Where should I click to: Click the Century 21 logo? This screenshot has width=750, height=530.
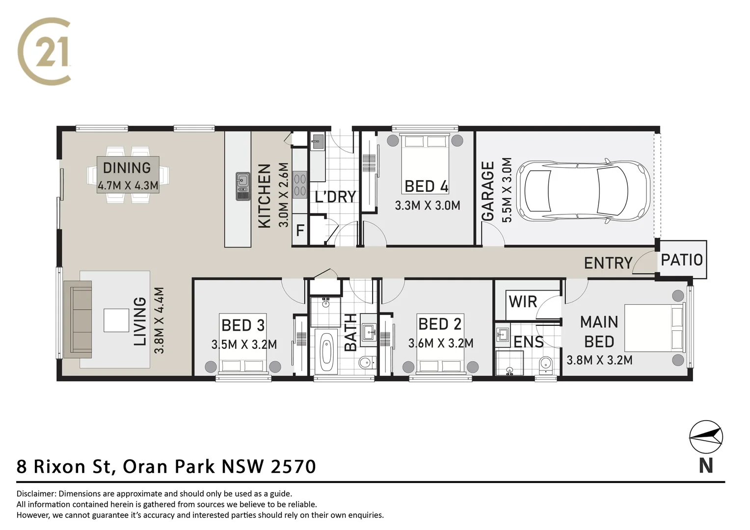[x=45, y=51]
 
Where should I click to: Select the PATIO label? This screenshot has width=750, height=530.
[x=682, y=260]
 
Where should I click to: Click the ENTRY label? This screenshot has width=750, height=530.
[x=608, y=263]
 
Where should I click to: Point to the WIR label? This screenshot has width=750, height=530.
[x=523, y=301]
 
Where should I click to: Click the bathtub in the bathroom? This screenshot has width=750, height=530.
[x=326, y=353]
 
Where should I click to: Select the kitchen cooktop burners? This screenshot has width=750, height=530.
[x=300, y=185]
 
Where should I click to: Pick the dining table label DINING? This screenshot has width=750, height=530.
[x=127, y=168]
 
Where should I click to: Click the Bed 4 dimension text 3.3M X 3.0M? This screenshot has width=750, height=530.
[x=428, y=206]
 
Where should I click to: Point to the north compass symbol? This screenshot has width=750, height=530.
[x=706, y=437]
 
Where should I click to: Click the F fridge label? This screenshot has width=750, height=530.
[x=300, y=230]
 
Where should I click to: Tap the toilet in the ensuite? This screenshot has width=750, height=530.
[x=545, y=364]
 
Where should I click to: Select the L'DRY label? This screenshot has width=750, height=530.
[x=335, y=197]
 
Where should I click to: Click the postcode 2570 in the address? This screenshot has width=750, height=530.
[x=294, y=466]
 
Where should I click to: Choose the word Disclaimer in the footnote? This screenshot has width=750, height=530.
[x=37, y=494]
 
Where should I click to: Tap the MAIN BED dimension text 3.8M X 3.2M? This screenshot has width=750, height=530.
[x=599, y=360]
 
